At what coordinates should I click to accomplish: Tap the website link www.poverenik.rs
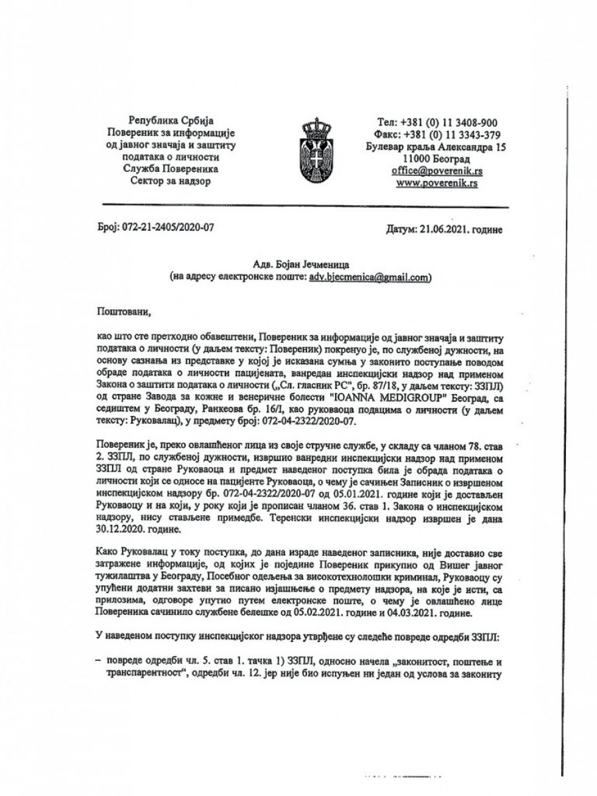click(x=436, y=183)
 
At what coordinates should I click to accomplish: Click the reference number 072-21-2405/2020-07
click(x=166, y=230)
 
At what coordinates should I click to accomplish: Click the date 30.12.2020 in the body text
click(x=123, y=511)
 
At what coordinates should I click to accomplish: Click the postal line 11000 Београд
click(x=436, y=159)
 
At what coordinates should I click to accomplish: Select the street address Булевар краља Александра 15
click(x=436, y=147)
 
